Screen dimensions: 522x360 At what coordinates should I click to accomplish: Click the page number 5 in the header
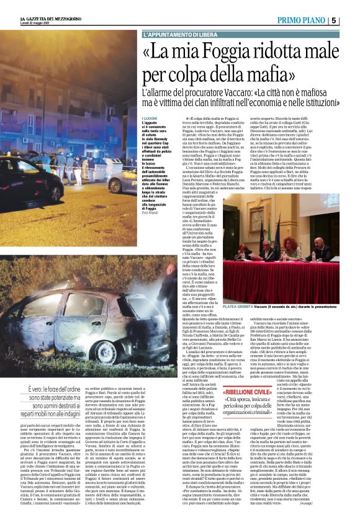tap(351, 20)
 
